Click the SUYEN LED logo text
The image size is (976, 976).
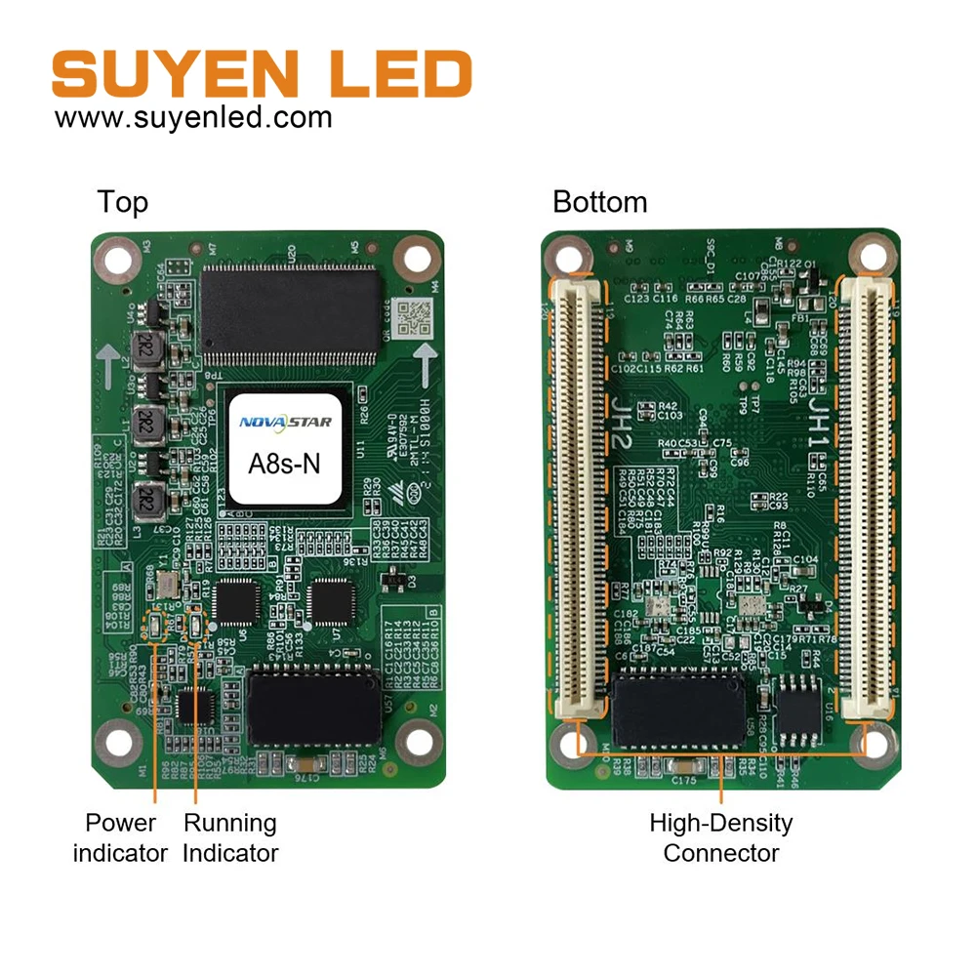(x=262, y=74)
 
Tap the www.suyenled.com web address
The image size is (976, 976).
(x=193, y=118)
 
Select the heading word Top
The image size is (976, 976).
(x=123, y=202)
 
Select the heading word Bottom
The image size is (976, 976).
(x=599, y=202)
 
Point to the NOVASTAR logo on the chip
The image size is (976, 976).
(x=285, y=422)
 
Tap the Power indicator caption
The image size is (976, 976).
(x=120, y=838)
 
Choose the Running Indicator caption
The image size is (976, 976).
(x=230, y=838)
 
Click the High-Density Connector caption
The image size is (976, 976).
(x=721, y=838)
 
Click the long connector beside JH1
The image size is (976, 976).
(x=864, y=498)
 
